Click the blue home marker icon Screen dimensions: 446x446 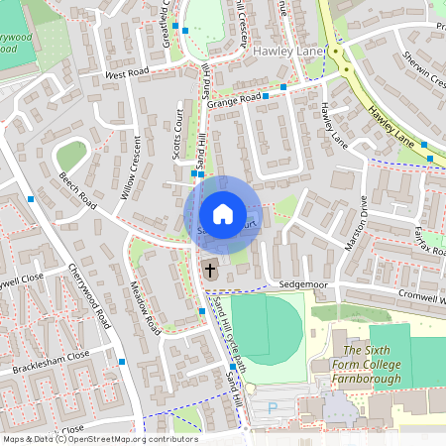[x=223, y=214]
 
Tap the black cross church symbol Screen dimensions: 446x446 [x=210, y=269]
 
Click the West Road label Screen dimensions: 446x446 [x=126, y=73]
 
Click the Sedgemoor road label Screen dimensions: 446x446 [x=302, y=283]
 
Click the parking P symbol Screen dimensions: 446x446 [x=274, y=407]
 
